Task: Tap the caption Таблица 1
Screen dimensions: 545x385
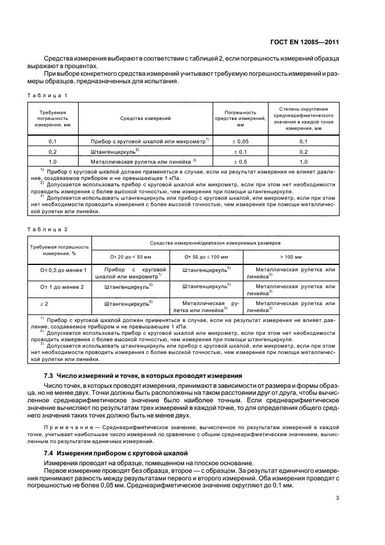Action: (43, 94)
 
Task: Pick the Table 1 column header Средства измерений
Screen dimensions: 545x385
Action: (145, 118)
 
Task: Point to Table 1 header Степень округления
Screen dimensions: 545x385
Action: (303, 109)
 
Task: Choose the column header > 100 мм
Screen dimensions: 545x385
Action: (290, 256)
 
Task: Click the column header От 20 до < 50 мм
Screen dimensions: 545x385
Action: (130, 256)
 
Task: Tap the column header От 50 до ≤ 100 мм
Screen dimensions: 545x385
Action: (206, 256)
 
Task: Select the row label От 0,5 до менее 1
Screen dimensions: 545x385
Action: (62, 270)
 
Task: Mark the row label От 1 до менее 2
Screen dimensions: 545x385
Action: (62, 287)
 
